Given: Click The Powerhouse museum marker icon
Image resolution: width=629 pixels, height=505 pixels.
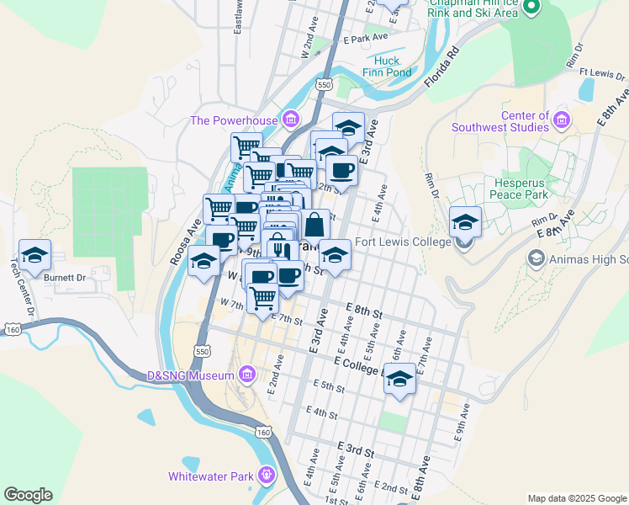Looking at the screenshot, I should (x=291, y=120).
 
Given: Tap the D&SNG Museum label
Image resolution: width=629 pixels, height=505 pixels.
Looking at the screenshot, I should (x=192, y=374).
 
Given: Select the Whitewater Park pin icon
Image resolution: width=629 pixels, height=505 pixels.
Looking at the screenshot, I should (x=267, y=476).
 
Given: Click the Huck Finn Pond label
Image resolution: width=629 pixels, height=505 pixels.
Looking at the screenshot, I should (x=388, y=66).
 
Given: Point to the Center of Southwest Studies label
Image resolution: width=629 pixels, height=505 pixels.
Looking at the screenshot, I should (x=500, y=121).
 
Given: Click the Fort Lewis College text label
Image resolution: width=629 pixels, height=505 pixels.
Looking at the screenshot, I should (x=403, y=242).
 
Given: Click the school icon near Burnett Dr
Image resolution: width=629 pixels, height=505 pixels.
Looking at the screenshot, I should (x=35, y=255).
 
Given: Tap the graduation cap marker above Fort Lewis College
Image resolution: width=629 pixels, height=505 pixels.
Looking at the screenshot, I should (x=465, y=222).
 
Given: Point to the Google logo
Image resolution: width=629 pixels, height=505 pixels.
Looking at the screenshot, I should (x=28, y=495).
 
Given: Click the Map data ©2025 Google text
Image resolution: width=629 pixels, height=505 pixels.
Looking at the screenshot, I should (x=577, y=498).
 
